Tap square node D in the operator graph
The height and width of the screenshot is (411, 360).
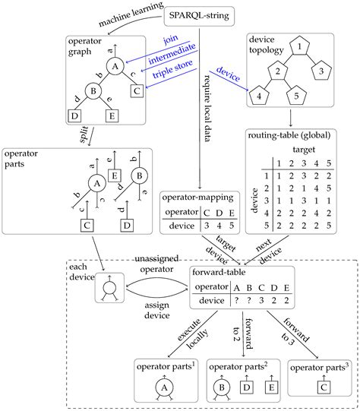pyautogui.click(x=76, y=116)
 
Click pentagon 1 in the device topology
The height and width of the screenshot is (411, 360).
pyautogui.click(x=301, y=47)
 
